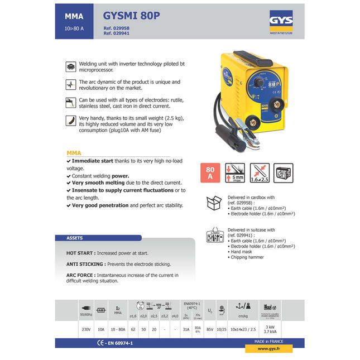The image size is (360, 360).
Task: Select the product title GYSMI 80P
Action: coord(132,16)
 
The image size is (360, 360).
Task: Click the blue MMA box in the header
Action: coord(74,21)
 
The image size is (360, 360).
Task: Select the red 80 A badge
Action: coord(210,172)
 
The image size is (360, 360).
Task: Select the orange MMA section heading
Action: coord(74,152)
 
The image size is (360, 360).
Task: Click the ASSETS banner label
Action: coord(74,238)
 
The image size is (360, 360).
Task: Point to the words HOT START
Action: coord(80,253)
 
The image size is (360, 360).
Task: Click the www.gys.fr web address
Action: coord(268,348)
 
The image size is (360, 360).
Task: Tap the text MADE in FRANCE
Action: coord(268,340)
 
